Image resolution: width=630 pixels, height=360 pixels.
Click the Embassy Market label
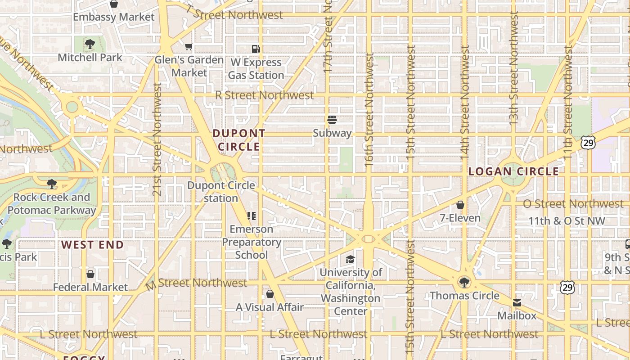point(113,17)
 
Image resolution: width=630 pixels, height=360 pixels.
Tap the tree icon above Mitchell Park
point(90,44)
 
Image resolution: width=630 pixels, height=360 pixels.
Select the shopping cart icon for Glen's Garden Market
point(189,47)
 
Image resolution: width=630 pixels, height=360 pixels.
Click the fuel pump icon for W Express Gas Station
point(256,49)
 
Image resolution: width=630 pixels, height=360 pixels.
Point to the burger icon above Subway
point(332,120)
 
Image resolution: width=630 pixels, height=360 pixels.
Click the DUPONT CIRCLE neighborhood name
point(238,140)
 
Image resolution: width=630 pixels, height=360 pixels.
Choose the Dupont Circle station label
point(221,192)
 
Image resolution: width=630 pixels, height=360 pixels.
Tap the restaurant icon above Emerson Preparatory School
point(252,216)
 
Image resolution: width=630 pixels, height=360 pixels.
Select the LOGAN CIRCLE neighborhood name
point(513,171)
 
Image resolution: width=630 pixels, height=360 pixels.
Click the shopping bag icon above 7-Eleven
point(460,205)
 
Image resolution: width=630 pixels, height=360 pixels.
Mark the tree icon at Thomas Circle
point(464,283)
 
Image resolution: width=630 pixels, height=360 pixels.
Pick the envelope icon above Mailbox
point(517,303)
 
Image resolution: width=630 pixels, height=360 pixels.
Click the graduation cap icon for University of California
point(350,259)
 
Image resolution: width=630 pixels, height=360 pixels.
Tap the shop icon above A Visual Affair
point(270,294)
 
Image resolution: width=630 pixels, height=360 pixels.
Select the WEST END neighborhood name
point(92,245)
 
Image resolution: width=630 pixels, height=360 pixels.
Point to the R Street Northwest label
point(264,95)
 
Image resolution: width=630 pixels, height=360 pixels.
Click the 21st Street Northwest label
point(157,139)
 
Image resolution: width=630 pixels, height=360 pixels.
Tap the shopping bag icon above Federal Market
point(90,274)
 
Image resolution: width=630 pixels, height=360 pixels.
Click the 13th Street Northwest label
point(514,67)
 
